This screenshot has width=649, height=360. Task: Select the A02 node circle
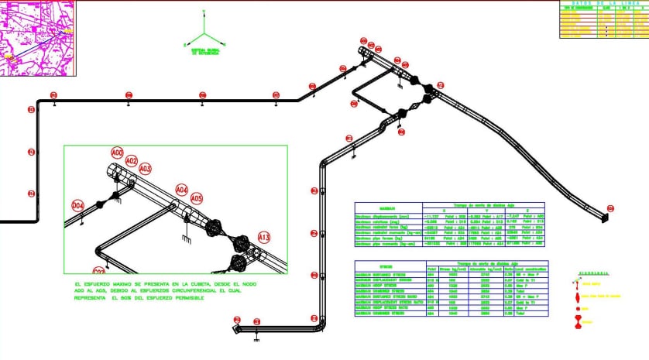(132, 161)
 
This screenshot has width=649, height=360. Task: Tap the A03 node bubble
(145, 169)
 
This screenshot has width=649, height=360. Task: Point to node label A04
(181, 189)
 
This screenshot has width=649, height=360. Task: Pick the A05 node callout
(197, 198)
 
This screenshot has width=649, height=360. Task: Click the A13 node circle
(263, 236)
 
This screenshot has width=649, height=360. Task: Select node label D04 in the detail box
(77, 204)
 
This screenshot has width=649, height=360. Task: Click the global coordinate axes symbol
(204, 36)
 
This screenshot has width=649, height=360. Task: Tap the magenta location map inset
(36, 36)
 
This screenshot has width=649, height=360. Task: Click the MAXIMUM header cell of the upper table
(386, 208)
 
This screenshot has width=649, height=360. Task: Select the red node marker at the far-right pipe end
(610, 208)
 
